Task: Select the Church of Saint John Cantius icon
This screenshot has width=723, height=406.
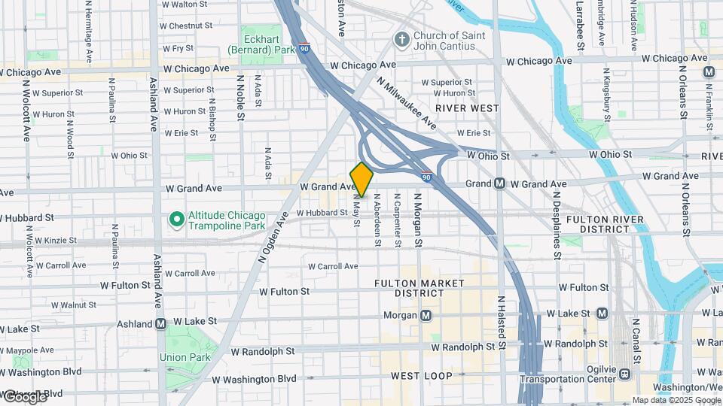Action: coord(402,38)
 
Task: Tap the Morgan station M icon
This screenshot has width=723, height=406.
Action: coord(426,315)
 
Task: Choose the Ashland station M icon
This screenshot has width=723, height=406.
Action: coord(160,324)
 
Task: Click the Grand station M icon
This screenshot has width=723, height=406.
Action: coord(499,183)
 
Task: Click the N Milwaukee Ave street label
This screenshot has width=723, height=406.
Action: coord(406,101)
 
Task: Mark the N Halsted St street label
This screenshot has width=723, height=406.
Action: coord(499,319)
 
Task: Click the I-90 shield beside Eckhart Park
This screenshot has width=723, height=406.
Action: coord(303,47)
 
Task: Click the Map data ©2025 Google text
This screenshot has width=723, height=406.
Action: coord(676,400)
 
